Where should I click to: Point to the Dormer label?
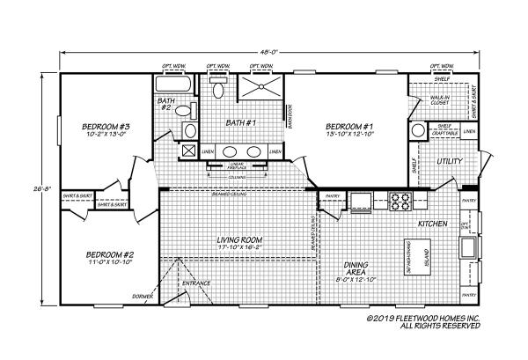pyautogui.click(x=141, y=297)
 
